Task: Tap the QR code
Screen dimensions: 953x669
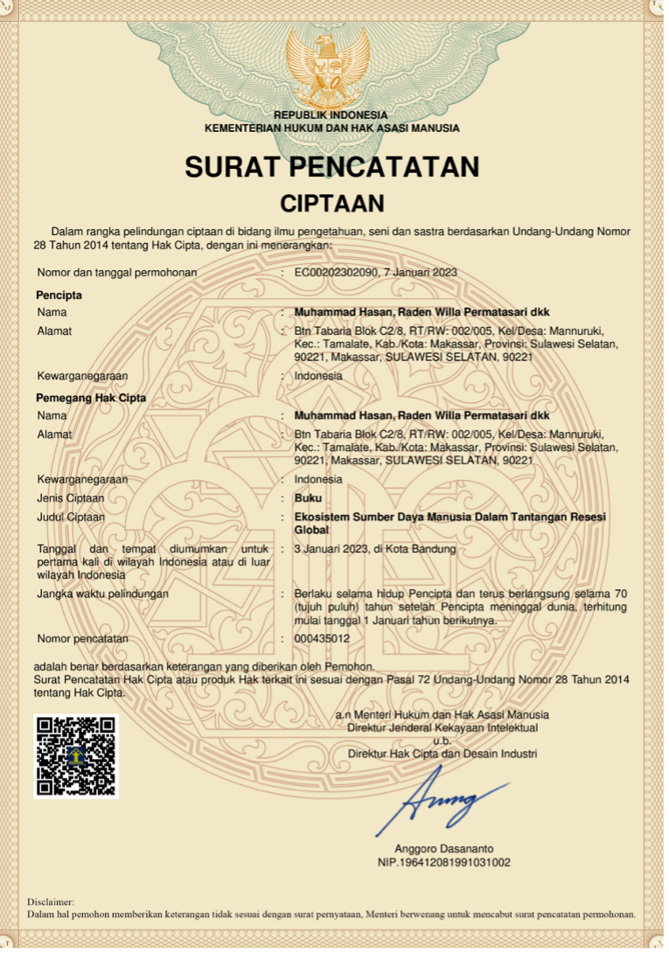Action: (75, 755)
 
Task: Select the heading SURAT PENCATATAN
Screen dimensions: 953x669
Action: (331, 166)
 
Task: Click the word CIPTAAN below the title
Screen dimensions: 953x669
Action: (331, 204)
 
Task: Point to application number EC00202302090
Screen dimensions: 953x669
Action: (337, 273)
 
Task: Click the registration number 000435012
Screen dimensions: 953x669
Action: (322, 639)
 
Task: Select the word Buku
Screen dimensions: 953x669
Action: (308, 498)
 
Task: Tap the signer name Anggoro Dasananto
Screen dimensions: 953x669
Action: (443, 849)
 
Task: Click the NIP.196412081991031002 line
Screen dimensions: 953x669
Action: (443, 862)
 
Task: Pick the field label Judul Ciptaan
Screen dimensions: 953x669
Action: (71, 518)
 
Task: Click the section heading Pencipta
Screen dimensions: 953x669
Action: (59, 295)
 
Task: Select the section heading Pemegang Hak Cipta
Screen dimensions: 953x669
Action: (91, 398)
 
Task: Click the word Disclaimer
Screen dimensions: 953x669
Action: (51, 901)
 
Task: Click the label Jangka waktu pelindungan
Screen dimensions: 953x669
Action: (102, 595)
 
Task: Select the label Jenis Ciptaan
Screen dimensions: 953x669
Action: (70, 498)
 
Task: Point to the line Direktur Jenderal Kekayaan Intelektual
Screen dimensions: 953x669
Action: (443, 727)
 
